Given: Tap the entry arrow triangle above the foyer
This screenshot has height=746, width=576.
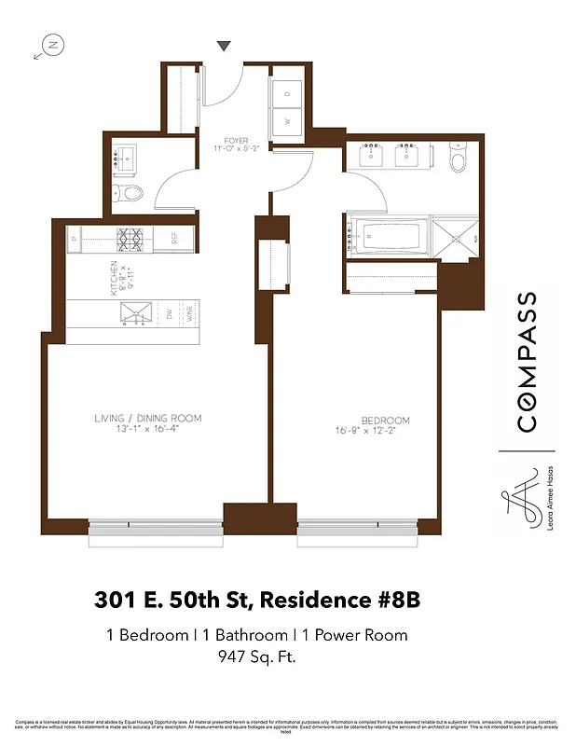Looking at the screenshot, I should pos(224,46).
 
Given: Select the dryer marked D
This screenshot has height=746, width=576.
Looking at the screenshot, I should pos(287,93).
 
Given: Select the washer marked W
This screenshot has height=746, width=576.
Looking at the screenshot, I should pos(287,121).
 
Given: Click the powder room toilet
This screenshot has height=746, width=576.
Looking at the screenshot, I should pos(130,194).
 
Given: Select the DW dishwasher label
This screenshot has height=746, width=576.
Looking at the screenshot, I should pos(170,315).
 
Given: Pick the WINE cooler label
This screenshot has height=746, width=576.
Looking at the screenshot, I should pos(189,315).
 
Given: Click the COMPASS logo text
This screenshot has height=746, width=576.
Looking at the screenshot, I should pos(527,362).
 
